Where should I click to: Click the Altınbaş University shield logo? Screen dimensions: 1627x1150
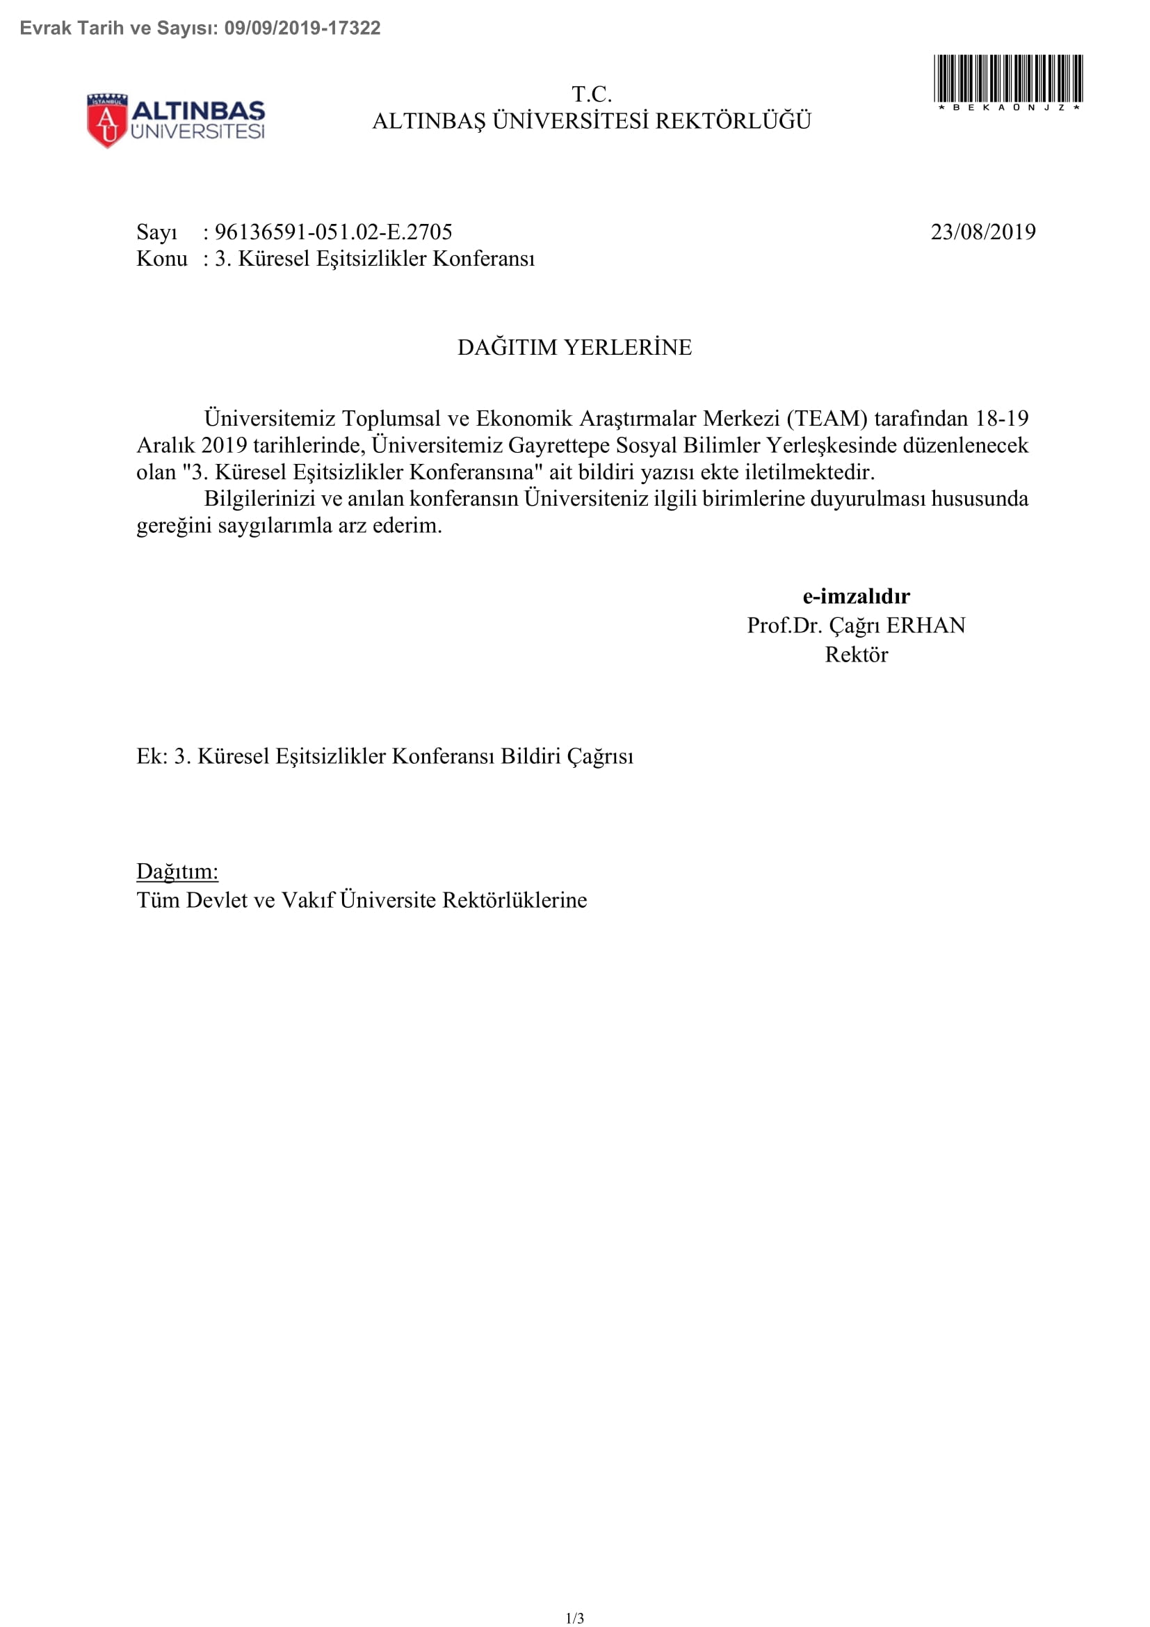107,120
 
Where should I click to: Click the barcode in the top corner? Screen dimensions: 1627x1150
1007,79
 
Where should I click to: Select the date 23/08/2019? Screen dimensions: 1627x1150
983,232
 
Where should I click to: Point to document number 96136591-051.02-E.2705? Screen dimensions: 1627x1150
333,232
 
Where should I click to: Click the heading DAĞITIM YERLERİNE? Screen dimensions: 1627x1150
574,347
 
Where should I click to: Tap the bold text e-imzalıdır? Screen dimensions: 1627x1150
856,596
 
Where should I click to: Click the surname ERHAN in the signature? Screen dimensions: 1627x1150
925,625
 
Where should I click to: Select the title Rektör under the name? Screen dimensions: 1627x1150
856,654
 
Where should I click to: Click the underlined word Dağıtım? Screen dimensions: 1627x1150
177,871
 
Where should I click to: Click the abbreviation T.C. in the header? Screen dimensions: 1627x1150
591,94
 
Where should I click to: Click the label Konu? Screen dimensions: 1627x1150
161,259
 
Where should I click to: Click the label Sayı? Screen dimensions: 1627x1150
156,232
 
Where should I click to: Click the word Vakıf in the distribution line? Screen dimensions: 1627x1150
307,900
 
